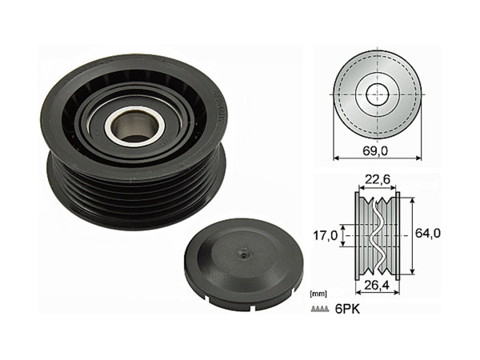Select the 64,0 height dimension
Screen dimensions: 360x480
(429, 234)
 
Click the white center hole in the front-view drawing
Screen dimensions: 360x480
(375, 93)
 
